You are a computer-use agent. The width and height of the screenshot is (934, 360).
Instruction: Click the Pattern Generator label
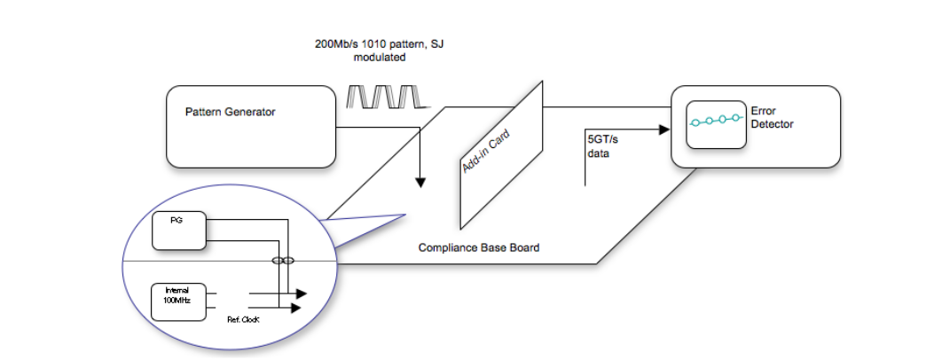(230, 112)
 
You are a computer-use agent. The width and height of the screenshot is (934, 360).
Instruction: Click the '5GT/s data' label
(600, 145)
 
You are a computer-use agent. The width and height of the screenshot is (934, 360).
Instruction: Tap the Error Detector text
(771, 117)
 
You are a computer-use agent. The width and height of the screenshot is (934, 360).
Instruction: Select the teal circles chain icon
(715, 120)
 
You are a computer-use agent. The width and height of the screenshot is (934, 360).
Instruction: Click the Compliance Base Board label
(478, 247)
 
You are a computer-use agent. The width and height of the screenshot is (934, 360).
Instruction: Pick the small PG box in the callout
(179, 231)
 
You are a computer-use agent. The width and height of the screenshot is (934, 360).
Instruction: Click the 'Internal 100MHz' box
(178, 297)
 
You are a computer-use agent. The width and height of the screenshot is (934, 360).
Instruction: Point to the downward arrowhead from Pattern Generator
(420, 183)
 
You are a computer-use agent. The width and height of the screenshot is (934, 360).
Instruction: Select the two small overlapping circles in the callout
(282, 262)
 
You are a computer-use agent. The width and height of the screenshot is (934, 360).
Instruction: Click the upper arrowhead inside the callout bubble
(302, 293)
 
